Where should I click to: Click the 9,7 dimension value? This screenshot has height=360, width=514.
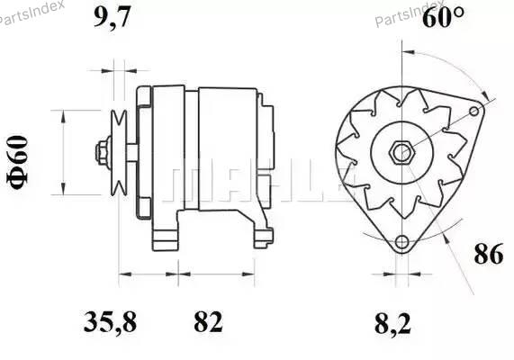tap(113, 17)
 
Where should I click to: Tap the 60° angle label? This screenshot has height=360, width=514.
tap(443, 17)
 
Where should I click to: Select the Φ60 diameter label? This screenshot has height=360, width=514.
tap(17, 162)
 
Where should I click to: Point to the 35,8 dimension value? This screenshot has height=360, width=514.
tap(110, 322)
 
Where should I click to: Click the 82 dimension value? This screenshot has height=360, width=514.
tap(208, 321)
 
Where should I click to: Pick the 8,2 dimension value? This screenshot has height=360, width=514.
tap(392, 324)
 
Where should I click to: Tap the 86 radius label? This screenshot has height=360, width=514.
tap(488, 254)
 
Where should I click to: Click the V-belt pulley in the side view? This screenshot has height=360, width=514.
tap(119, 153)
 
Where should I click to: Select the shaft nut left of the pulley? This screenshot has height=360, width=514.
tap(103, 153)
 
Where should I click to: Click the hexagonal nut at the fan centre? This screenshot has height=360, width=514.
tap(401, 152)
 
